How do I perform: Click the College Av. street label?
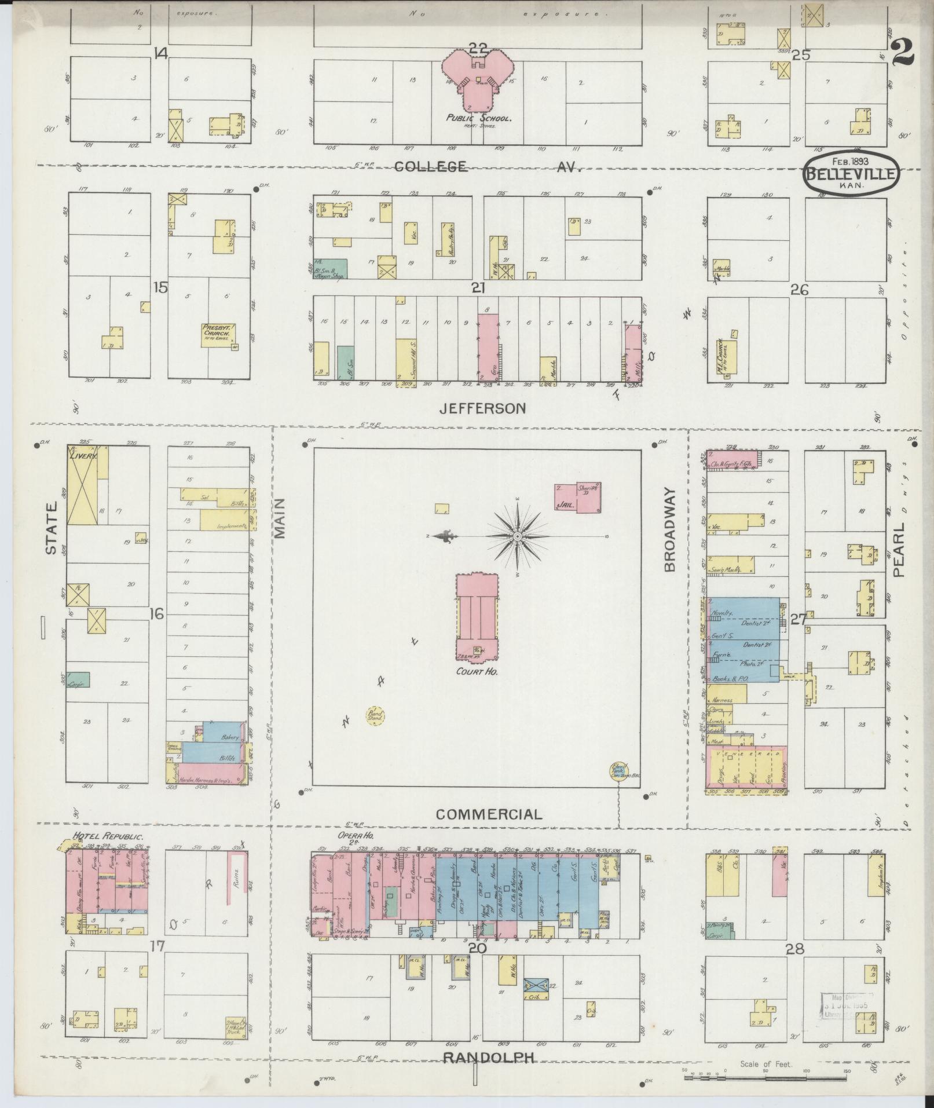(486, 167)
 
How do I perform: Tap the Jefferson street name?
(482, 408)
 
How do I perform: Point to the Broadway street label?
(671, 529)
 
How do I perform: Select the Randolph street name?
(488, 1058)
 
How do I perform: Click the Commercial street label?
(489, 814)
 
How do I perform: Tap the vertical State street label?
(52, 528)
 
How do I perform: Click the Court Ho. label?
(477, 671)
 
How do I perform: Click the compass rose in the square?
(517, 536)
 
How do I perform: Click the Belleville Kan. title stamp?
(851, 172)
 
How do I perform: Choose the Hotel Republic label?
(107, 836)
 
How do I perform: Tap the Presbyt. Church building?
(217, 335)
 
